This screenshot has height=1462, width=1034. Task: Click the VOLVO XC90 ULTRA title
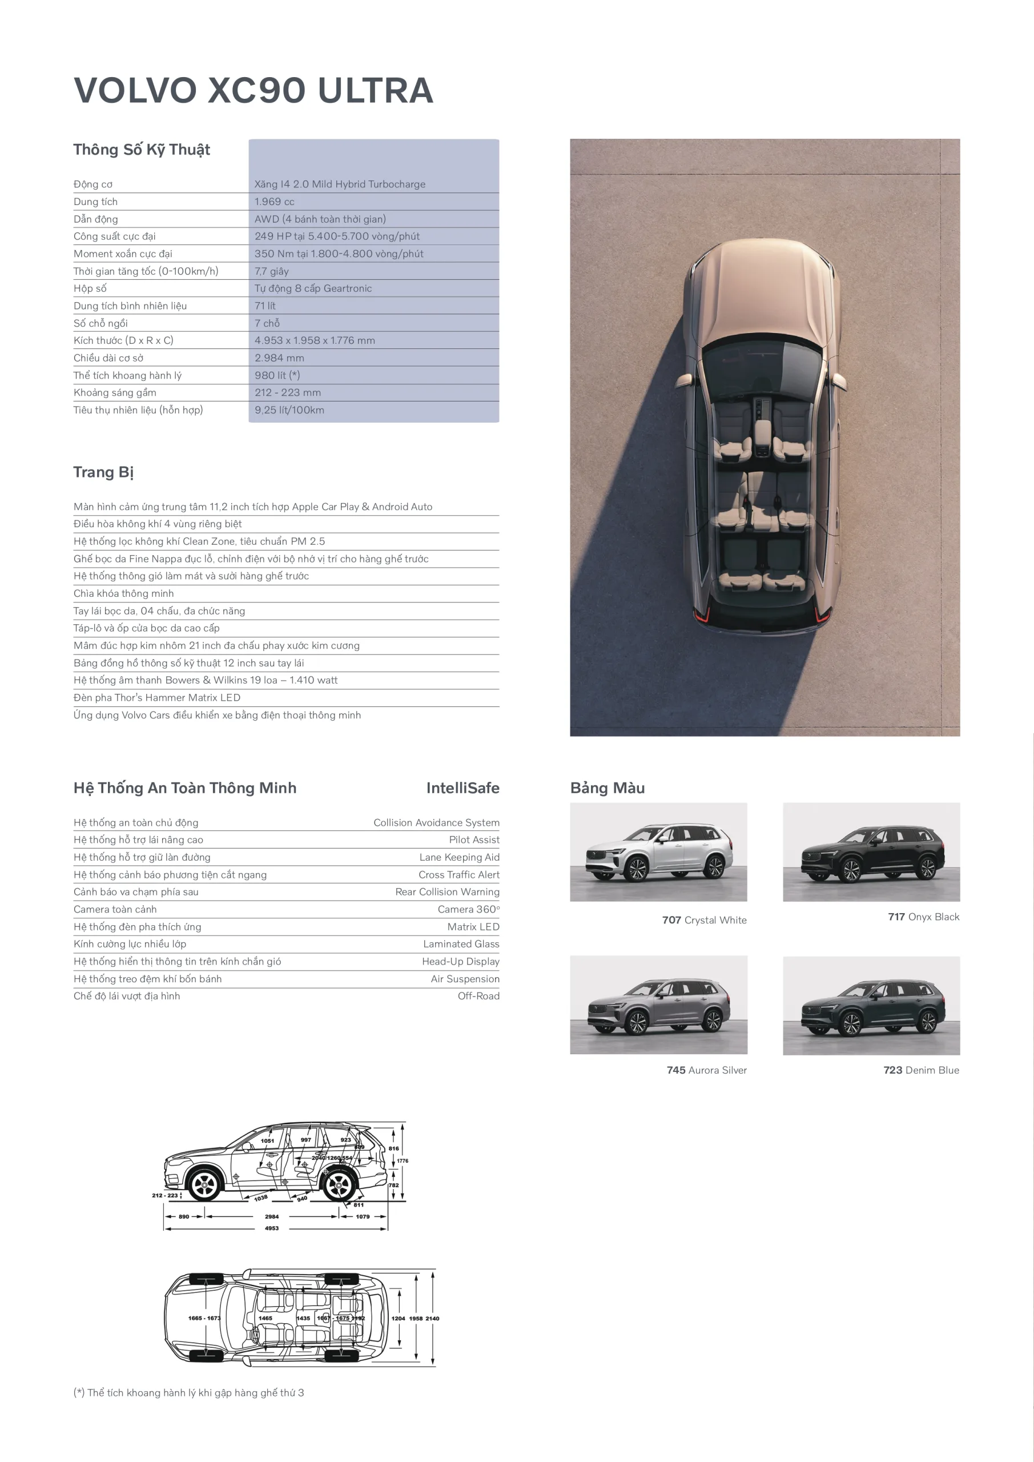pos(254,90)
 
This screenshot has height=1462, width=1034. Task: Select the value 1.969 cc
pos(274,202)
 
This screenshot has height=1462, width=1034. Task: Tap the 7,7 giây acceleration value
pos(271,271)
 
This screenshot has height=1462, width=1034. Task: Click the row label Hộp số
pos(90,288)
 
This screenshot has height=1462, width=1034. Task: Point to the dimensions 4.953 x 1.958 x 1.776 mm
pos(315,341)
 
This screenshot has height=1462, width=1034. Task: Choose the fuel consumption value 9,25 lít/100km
pos(289,410)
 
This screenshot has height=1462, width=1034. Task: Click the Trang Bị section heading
pos(103,472)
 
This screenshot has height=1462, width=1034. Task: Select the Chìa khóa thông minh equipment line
pos(123,593)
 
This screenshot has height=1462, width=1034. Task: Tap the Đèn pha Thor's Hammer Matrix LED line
pos(156,698)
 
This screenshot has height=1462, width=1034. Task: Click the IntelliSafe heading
pos(462,788)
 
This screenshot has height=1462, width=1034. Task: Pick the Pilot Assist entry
pos(474,840)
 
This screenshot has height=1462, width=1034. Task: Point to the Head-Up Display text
pos(460,962)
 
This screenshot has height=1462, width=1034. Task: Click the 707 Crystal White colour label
pos(703,920)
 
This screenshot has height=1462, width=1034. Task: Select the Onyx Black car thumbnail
pos(871,852)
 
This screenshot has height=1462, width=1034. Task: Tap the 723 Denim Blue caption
pos(921,1070)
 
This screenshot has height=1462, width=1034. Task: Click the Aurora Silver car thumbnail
pos(658,1005)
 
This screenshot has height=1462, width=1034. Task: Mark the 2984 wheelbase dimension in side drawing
pos(272,1217)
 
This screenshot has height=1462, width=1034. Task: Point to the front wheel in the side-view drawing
pos(205,1184)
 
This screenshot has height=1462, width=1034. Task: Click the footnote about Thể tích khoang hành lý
pos(189,1393)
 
